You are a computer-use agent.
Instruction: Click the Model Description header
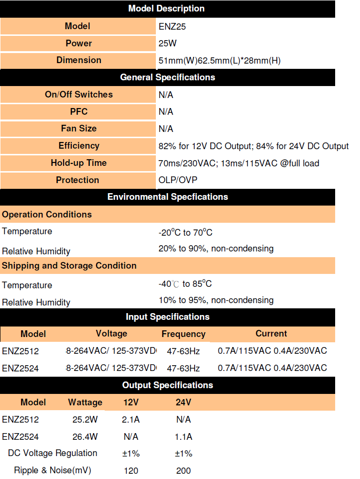point(166,9)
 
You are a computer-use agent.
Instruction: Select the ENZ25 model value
point(172,27)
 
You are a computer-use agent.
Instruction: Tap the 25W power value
point(167,44)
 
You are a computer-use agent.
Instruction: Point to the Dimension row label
point(79,60)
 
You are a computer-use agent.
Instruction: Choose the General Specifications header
point(167,77)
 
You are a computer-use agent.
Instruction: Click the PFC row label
point(79,111)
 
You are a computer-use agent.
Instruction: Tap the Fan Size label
point(79,129)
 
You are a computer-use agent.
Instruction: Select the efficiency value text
point(253,146)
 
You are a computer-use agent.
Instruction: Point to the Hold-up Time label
point(79,163)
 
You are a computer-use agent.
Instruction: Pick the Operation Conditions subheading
point(47,215)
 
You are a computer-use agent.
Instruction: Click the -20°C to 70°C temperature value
point(185,233)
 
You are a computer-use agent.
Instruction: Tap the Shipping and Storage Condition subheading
point(69,266)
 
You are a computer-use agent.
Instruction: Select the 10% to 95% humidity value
point(216,300)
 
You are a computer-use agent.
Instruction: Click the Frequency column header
point(183,334)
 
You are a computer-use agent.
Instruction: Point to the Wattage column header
point(85,403)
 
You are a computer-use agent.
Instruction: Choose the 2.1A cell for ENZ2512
point(131,420)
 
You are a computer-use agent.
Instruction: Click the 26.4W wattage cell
point(85,436)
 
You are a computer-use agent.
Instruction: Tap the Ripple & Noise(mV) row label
point(53,470)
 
